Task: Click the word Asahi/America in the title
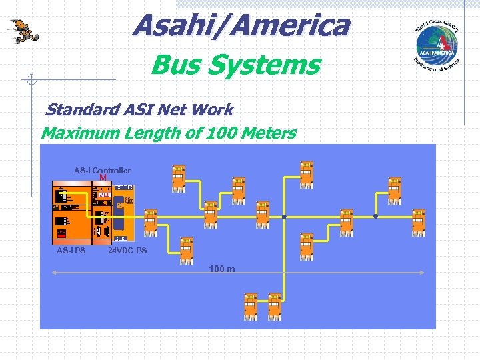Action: [x=241, y=26]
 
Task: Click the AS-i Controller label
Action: [x=102, y=171]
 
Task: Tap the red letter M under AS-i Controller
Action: [x=103, y=179]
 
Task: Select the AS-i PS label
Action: [x=71, y=251]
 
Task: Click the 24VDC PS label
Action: [x=127, y=251]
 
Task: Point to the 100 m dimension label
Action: [x=221, y=269]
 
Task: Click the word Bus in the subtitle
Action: [x=172, y=65]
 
